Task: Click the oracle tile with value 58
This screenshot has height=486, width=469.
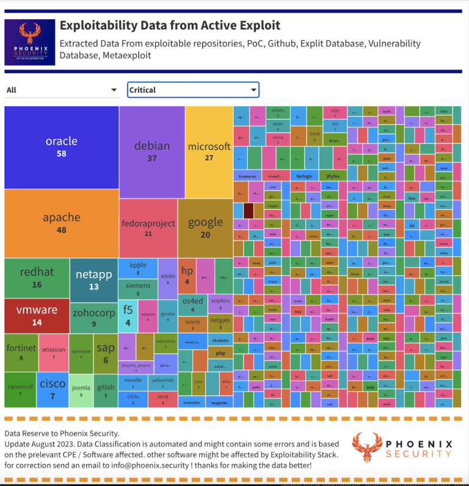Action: [x=61, y=147]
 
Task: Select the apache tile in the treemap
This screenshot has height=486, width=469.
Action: [x=61, y=223]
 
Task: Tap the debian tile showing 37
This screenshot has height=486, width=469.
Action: [x=151, y=151]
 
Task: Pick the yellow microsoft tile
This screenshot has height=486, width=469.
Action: [x=209, y=151]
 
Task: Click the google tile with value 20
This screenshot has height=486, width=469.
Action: [x=205, y=227]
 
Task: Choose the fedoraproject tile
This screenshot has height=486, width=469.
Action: [x=148, y=228]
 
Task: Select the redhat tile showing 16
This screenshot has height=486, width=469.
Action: [x=37, y=278]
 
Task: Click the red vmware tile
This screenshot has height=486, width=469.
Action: [x=37, y=315]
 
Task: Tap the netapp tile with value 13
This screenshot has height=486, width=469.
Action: [x=93, y=280]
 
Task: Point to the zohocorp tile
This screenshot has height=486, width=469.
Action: [x=93, y=317]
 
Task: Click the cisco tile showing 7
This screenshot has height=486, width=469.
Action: [x=53, y=388]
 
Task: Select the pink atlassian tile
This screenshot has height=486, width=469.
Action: [x=54, y=352]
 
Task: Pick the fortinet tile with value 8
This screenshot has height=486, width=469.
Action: [x=21, y=352]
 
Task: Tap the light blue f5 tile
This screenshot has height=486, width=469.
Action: [x=128, y=314]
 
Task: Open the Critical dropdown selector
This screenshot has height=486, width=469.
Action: [x=193, y=90]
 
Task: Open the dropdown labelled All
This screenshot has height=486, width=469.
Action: [x=62, y=90]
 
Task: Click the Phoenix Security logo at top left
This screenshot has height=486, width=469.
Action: [x=29, y=42]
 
